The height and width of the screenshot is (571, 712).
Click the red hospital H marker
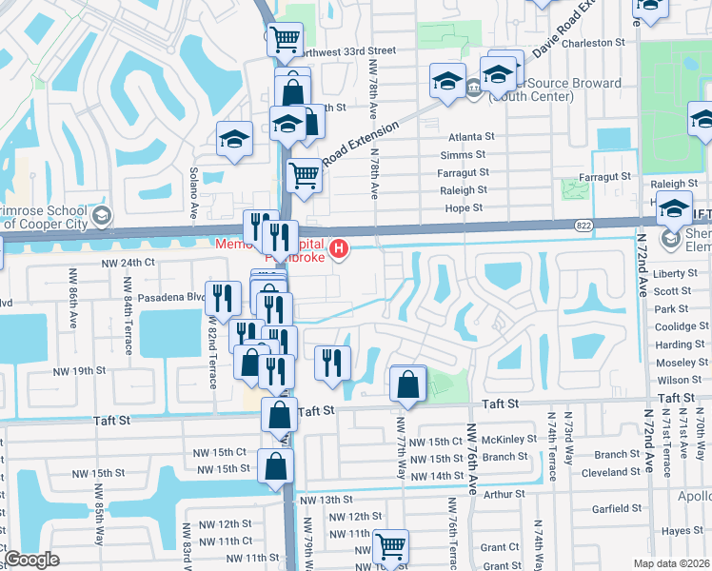337,251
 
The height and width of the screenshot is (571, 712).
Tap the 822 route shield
583,226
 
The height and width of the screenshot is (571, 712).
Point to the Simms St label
464,155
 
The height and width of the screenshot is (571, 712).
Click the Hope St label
465,207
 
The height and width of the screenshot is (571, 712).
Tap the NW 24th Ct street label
126,262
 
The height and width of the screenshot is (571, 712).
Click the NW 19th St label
74,369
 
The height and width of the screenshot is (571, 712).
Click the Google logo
31,560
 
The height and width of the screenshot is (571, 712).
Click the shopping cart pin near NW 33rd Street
285,40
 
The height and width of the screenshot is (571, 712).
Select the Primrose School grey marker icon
103,213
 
